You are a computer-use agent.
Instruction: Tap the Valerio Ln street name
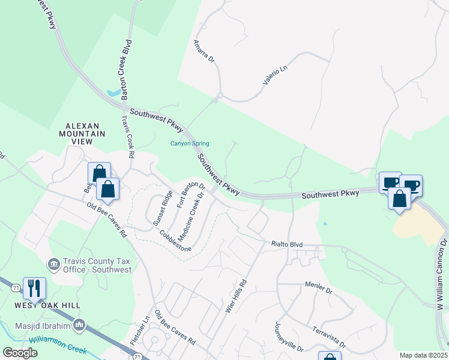click(275, 76)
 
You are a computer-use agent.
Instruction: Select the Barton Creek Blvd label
click(126, 70)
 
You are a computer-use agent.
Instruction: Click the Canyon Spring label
click(190, 144)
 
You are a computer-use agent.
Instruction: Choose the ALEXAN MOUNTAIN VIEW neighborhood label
click(82, 133)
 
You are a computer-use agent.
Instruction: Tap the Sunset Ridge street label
click(163, 207)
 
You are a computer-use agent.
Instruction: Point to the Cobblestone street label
click(176, 241)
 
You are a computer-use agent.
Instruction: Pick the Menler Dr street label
click(318, 290)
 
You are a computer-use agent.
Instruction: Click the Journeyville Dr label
click(289, 337)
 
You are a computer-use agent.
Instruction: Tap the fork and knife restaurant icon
click(33, 288)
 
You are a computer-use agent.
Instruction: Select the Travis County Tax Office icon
click(54, 263)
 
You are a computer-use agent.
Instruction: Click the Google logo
click(20, 353)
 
